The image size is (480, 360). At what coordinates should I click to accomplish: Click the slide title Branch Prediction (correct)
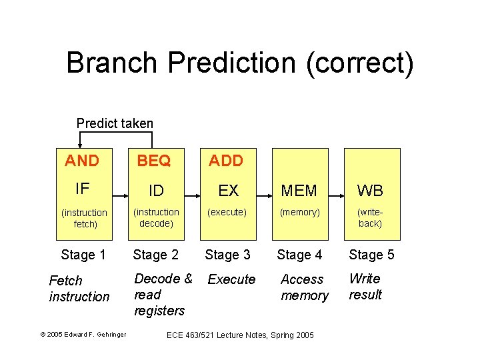click(240, 63)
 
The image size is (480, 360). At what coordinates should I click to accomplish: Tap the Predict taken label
click(115, 123)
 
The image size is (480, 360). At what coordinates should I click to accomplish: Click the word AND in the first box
click(82, 161)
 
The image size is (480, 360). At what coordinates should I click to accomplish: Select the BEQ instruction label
click(154, 161)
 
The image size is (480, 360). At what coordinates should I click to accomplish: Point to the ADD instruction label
click(226, 161)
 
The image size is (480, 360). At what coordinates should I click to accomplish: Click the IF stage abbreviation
click(83, 189)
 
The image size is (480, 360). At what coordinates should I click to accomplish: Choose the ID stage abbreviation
click(156, 191)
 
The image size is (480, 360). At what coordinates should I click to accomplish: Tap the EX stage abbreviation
click(228, 191)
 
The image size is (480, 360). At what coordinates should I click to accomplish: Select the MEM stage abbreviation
click(299, 191)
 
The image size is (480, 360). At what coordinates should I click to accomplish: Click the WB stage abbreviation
click(370, 191)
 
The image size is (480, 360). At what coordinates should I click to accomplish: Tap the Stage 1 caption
click(83, 255)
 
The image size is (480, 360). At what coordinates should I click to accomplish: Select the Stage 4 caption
click(299, 255)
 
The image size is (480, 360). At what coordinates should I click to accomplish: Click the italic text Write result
click(365, 287)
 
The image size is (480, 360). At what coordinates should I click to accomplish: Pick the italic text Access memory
click(305, 287)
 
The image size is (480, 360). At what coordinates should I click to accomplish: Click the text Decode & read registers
click(163, 295)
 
